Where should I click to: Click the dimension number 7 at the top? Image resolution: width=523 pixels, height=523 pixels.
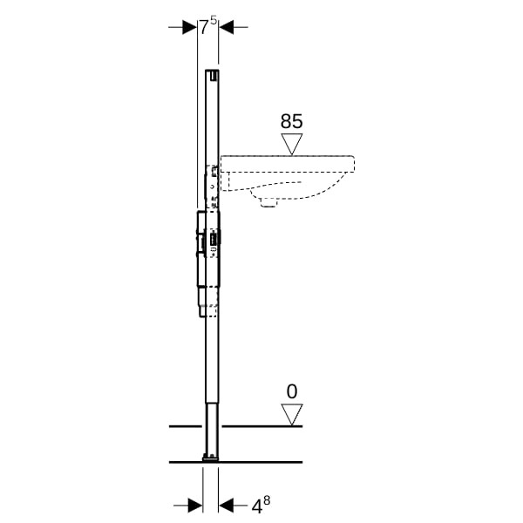(x=204, y=27)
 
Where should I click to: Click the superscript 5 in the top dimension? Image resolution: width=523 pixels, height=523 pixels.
(x=214, y=20)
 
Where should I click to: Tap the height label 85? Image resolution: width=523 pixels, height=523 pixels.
(x=291, y=121)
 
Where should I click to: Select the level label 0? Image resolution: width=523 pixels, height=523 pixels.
(x=292, y=391)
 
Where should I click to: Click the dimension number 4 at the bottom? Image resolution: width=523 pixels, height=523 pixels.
(x=256, y=507)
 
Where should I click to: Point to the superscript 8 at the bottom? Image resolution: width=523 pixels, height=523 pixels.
(x=267, y=500)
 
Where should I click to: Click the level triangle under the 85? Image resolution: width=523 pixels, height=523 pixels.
(x=292, y=144)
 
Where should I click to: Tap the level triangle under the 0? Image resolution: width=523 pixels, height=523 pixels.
(x=292, y=415)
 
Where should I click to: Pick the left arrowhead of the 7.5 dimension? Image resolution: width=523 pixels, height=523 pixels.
(x=190, y=27)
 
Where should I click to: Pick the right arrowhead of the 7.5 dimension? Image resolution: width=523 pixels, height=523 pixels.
(x=226, y=27)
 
